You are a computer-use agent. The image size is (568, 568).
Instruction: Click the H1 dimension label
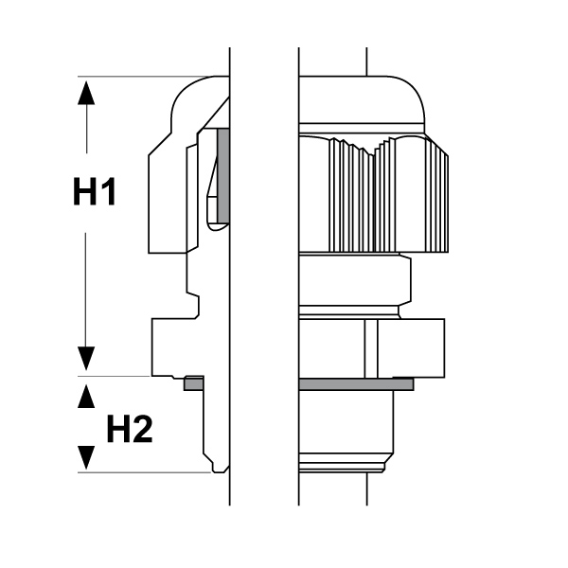95,191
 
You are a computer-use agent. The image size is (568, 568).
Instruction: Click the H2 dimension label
130,429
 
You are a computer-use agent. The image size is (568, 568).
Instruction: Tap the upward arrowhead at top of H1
86,93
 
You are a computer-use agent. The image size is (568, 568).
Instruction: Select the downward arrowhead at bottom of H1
86,359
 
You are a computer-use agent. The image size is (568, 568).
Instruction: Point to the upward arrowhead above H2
86,397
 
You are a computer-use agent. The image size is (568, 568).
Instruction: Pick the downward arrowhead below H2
86,457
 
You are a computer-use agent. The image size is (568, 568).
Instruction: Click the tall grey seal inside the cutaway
223,175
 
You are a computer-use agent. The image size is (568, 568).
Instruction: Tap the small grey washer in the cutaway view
194,383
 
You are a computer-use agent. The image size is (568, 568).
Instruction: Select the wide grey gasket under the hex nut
357,384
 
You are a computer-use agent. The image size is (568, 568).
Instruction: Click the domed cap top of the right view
363,99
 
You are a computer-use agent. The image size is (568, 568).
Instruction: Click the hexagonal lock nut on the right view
372,348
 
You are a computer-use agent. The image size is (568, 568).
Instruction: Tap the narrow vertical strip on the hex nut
371,348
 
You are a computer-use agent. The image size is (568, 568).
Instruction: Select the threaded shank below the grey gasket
346,432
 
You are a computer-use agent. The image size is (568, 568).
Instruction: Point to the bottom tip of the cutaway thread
220,471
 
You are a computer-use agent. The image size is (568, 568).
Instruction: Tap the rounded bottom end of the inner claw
219,226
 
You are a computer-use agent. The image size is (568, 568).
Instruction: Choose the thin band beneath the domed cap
363,128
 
